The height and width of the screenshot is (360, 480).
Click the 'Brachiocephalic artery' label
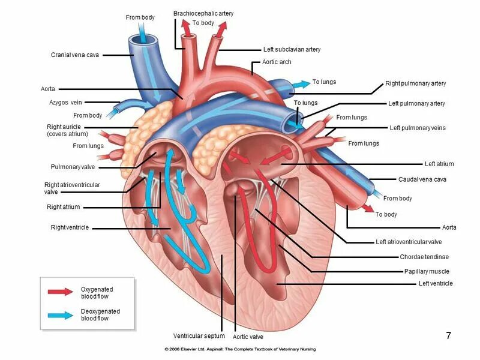pos(203,13)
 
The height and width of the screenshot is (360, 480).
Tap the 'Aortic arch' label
pos(277,62)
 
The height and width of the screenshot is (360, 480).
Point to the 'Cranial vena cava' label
pos(75,55)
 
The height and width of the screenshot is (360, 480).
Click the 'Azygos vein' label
pos(65,103)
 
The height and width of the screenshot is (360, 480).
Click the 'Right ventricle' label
pos(70,227)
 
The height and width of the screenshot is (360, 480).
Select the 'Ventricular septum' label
pos(199,335)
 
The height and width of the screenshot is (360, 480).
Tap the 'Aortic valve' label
pos(248,337)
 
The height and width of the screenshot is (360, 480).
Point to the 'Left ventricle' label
pos(436,283)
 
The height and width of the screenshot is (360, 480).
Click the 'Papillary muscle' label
pos(427,271)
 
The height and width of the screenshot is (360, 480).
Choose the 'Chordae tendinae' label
pos(424,257)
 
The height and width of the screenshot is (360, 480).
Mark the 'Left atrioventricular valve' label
pos(409,242)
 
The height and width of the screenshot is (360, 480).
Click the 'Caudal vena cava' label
pos(422,179)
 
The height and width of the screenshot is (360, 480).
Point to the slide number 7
pos(448,335)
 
